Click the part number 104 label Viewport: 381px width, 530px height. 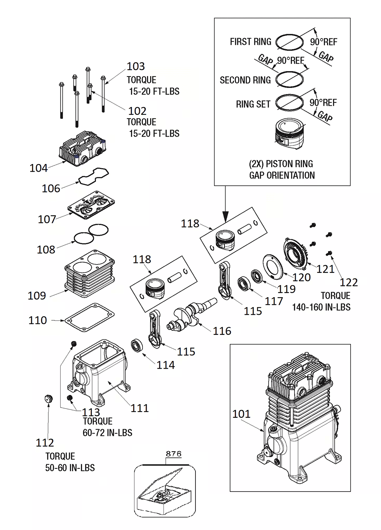pos(38,168)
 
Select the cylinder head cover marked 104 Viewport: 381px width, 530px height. pos(82,149)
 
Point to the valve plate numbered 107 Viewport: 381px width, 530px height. pos(91,205)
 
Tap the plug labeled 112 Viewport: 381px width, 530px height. pos(48,399)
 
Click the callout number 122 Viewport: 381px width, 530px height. pos(349,282)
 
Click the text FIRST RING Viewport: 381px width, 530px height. pos(250,41)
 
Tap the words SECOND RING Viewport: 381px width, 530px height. pos(245,80)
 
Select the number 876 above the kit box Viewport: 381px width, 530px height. pos(173,454)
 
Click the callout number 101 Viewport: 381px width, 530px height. pos(241,414)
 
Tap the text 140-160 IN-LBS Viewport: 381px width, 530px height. pos(321,307)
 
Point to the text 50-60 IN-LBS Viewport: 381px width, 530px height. pos(70,468)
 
